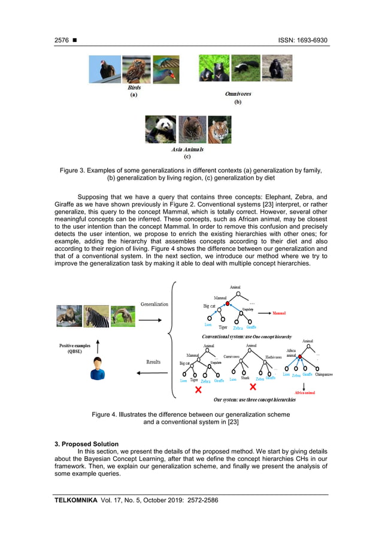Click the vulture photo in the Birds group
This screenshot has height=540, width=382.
click(x=105, y=69)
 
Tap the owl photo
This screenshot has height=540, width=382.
click(x=136, y=69)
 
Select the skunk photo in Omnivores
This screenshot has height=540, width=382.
click(x=245, y=68)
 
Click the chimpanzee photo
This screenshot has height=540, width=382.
click(x=277, y=68)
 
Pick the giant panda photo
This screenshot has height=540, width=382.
click(x=160, y=129)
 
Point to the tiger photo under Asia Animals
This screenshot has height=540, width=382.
click(x=219, y=129)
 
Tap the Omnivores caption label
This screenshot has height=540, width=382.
click(x=238, y=94)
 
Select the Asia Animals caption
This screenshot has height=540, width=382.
click(x=187, y=149)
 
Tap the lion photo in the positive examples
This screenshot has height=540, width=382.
click(x=69, y=316)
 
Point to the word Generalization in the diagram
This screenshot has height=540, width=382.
click(x=154, y=304)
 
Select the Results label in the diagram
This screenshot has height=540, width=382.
click(x=153, y=362)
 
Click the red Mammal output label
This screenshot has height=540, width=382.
click(x=279, y=313)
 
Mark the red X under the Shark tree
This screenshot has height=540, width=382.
click(x=253, y=387)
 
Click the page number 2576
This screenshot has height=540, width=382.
click(x=62, y=40)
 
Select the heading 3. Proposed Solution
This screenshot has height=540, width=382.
click(x=86, y=444)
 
